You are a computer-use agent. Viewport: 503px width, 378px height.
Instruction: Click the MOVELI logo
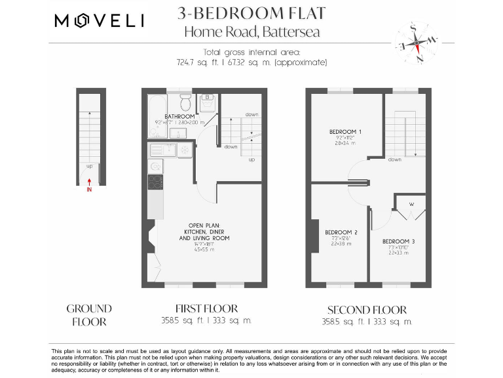pos(100,21)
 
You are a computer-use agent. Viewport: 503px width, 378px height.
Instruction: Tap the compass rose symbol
pos(415,43)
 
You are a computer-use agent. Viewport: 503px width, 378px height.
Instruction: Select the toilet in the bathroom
pos(185,102)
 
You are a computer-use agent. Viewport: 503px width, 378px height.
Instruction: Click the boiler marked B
pos(207,98)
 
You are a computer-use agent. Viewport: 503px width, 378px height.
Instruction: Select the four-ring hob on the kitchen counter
pos(155,182)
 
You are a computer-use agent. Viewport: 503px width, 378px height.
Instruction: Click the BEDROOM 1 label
pos(345,132)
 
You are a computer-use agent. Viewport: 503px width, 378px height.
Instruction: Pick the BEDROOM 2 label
pos(341,232)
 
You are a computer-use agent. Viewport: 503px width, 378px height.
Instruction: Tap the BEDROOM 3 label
pos(398,241)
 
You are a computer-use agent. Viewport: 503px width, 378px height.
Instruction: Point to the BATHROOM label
pos(179,117)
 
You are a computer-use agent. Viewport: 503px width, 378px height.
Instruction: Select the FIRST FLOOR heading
pos(206,308)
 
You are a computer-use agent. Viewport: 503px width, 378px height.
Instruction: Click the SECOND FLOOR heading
pos(367,310)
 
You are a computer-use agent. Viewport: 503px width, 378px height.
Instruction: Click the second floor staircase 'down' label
pos(394,159)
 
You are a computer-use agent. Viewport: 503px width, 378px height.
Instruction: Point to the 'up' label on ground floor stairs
pos(90,167)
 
